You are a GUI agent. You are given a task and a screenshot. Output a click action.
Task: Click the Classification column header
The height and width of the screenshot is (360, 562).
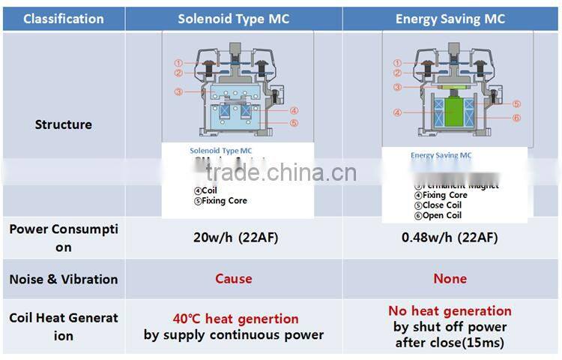[64, 18]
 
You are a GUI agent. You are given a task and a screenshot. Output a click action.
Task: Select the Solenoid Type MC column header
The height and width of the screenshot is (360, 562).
[233, 18]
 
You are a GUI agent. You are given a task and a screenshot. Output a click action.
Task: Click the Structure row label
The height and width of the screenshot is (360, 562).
[64, 124]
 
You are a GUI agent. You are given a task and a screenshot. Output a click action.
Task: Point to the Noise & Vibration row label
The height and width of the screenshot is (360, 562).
[64, 279]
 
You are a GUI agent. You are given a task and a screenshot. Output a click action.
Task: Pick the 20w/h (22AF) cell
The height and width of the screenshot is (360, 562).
[233, 238]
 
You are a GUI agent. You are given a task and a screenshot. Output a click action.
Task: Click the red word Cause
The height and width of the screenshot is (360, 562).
[233, 279]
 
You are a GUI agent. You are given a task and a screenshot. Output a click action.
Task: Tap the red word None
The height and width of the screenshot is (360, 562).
[450, 279]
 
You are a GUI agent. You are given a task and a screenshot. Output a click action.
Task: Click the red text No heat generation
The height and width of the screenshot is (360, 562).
[450, 310]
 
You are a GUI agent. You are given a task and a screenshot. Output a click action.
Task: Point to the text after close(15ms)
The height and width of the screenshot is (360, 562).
[450, 343]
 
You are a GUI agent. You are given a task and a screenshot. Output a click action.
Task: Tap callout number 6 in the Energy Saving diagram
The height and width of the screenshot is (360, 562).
[517, 118]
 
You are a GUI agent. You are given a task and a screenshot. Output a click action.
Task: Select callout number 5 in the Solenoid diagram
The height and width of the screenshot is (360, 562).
[294, 123]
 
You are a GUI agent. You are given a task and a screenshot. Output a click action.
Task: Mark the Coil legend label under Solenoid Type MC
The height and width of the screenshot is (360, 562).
[207, 190]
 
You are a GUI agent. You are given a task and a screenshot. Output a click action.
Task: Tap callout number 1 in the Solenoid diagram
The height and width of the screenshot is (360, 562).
[178, 63]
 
